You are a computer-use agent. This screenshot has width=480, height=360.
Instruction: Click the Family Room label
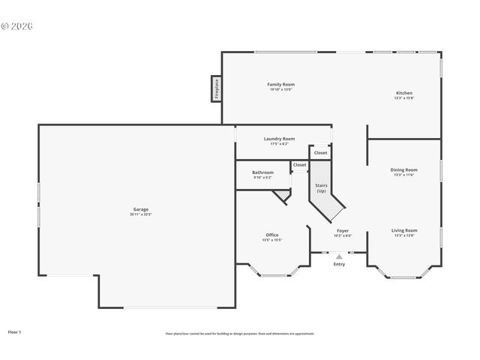[280, 85]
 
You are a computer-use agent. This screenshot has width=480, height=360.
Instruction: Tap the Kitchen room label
[404, 93]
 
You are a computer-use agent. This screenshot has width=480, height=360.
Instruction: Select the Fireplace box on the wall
[216, 88]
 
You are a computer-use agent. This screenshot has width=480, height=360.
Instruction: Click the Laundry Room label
[279, 139]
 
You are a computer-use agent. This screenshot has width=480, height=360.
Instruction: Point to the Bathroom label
[262, 172]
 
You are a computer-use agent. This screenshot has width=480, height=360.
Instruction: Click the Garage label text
[140, 209]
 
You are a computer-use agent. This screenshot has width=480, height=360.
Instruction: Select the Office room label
[271, 235]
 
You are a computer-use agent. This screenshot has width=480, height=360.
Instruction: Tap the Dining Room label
[403, 170]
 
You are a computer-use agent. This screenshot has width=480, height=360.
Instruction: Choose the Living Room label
[403, 230]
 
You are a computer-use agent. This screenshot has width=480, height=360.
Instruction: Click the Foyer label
[342, 230]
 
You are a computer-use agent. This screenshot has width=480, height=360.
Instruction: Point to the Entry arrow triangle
[339, 256]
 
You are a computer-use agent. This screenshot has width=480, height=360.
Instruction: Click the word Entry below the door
[339, 264]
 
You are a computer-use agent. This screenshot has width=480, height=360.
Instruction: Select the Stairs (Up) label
[321, 188]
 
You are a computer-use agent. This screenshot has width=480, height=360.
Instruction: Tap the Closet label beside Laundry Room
[320, 153]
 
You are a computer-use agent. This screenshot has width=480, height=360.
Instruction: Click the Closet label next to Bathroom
[299, 165]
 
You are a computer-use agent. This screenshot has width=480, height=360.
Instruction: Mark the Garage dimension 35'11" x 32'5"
[140, 214]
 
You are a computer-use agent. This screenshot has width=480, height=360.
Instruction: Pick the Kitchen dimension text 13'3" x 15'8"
[404, 98]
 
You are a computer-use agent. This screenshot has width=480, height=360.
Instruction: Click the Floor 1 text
[14, 331]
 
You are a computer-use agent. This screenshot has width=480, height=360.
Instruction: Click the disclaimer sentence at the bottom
[240, 333]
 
